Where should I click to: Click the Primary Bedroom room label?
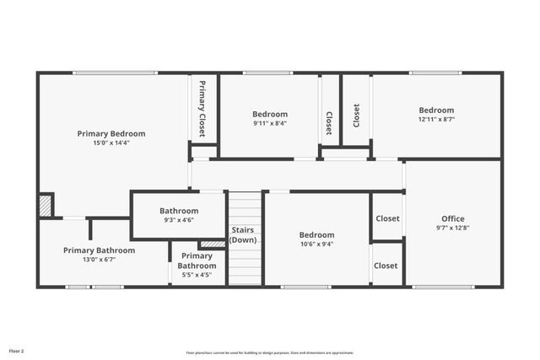point(111,133)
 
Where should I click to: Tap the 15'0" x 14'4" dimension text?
point(111,143)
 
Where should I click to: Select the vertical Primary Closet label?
point(202,109)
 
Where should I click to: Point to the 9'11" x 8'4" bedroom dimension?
point(269,124)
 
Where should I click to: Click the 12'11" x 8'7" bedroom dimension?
point(436,120)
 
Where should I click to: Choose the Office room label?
point(452,218)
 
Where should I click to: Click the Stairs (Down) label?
point(243,235)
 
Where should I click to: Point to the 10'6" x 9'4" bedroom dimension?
point(316,244)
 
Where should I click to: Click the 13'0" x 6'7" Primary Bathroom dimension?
point(99,260)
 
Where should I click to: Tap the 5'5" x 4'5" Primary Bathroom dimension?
point(196,274)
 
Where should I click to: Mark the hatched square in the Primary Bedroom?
point(45,205)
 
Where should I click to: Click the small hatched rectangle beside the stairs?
point(213,244)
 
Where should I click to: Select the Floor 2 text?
point(17,350)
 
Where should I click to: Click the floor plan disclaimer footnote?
point(269,352)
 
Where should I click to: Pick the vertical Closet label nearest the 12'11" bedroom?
point(356,116)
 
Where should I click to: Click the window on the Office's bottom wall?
point(442,287)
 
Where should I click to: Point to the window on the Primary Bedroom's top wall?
point(113,73)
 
